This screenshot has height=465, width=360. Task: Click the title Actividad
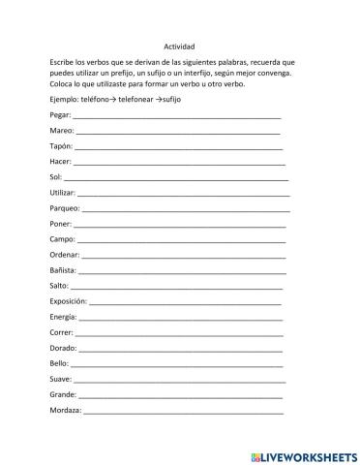pyautogui.click(x=179, y=45)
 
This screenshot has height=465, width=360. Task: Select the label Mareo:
pyautogui.click(x=60, y=130)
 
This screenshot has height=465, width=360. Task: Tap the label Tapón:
pyautogui.click(x=61, y=145)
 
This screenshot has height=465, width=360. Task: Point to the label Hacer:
pyautogui.click(x=60, y=161)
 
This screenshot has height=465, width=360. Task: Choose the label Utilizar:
pyautogui.click(x=62, y=192)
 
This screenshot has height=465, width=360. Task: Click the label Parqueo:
pyautogui.click(x=64, y=207)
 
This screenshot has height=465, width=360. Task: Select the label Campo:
pyautogui.click(x=61, y=238)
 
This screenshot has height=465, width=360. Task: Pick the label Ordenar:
pyautogui.click(x=64, y=254)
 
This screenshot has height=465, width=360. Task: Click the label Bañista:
pyautogui.click(x=63, y=269)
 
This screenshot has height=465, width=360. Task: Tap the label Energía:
pyautogui.click(x=63, y=316)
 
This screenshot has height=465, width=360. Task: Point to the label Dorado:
pyautogui.click(x=62, y=347)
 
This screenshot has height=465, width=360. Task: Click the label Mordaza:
pyautogui.click(x=65, y=409)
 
